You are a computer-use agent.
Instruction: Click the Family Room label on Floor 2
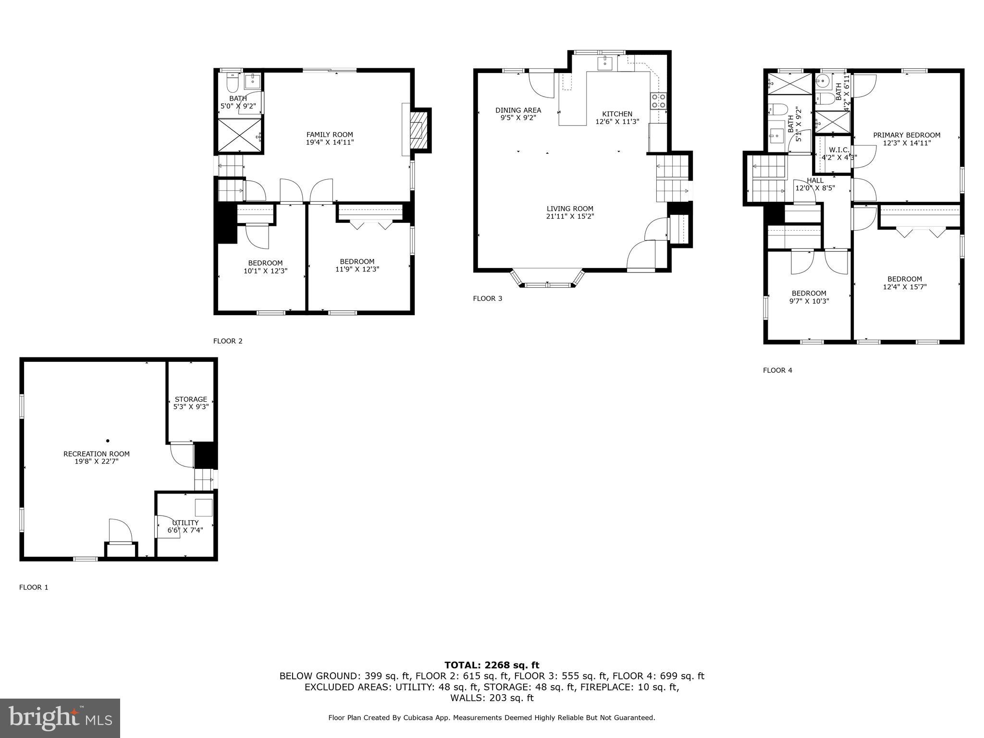click(330, 135)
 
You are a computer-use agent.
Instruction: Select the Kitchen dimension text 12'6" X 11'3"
click(617, 122)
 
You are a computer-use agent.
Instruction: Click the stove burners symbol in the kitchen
click(658, 101)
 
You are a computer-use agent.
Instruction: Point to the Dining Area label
click(518, 111)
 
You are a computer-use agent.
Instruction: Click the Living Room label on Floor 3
click(570, 209)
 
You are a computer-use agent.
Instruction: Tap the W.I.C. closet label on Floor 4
click(839, 150)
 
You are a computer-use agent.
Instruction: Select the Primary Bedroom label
click(906, 135)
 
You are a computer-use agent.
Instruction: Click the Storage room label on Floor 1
click(191, 399)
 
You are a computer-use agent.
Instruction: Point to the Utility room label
click(185, 523)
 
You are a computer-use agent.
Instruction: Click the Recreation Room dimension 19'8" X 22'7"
click(97, 461)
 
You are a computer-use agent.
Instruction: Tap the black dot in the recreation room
click(108, 441)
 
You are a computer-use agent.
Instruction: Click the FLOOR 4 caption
click(777, 370)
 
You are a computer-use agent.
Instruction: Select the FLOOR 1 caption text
click(34, 587)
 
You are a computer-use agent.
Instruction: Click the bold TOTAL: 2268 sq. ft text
click(492, 665)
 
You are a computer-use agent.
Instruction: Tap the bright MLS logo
click(60, 718)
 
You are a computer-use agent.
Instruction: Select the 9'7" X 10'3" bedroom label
click(809, 301)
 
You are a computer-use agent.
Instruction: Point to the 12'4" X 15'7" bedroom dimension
click(905, 287)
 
